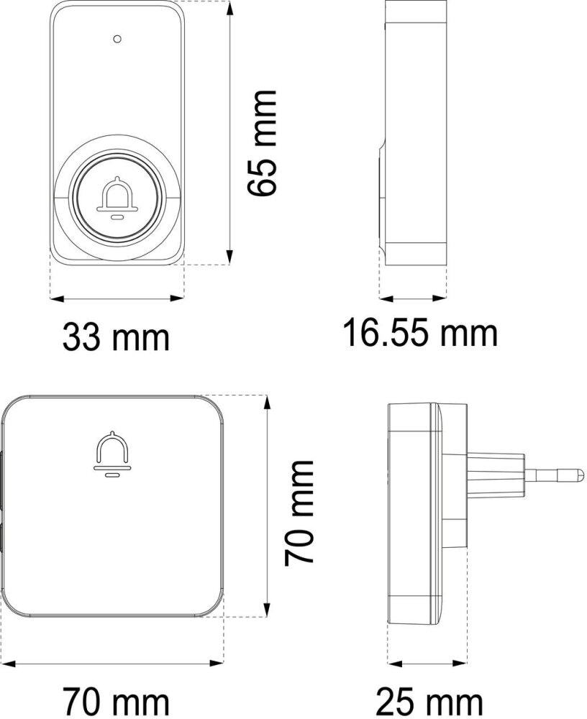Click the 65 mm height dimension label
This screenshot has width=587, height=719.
pos(263,143)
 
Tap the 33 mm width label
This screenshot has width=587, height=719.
pos(116,337)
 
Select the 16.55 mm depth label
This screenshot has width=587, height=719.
pos(420,333)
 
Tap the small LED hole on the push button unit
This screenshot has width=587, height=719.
pos(117,39)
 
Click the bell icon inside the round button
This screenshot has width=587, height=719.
pos(117,197)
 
